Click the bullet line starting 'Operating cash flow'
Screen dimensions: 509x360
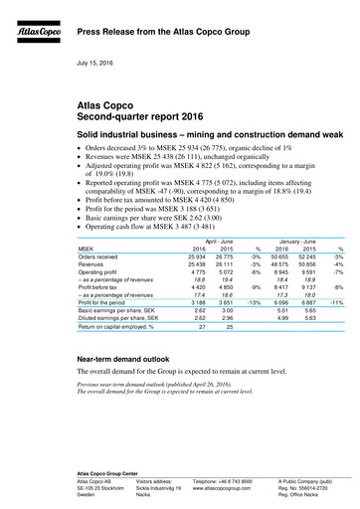tap(158, 221)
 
